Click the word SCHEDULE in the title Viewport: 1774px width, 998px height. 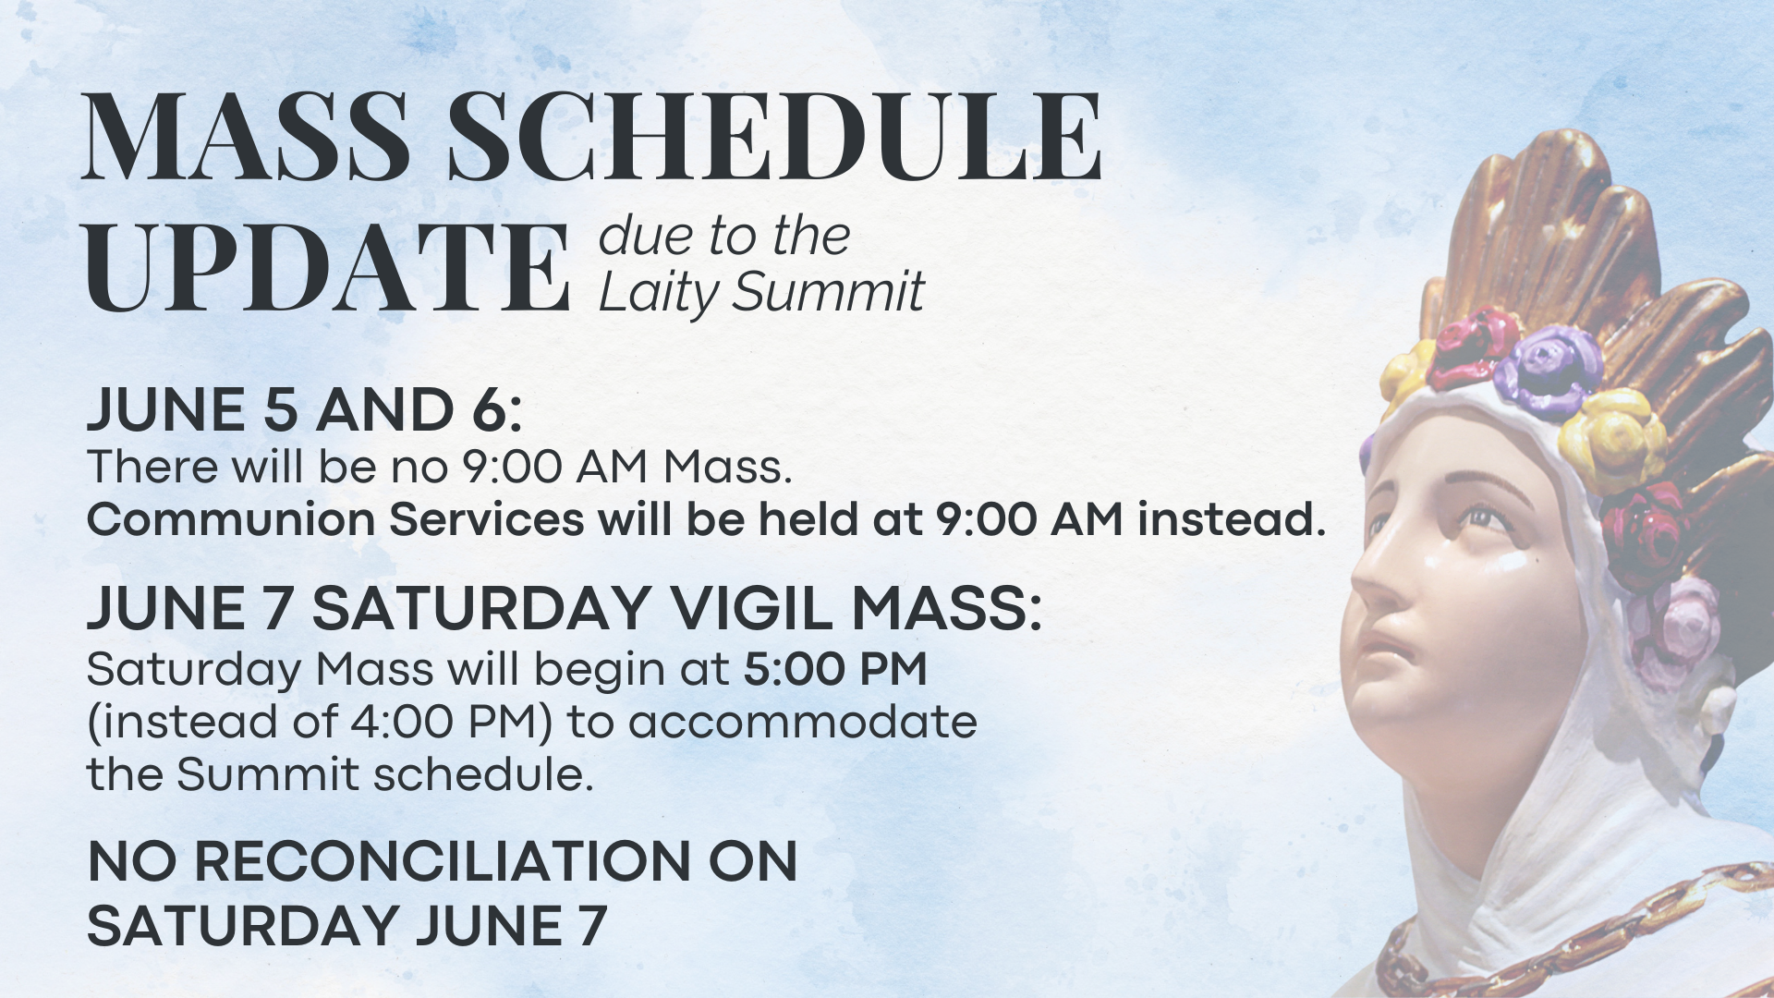(x=774, y=136)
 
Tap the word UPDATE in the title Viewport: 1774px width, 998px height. (x=326, y=267)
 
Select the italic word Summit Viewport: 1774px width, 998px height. (x=828, y=293)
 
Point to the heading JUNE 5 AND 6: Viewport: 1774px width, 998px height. (x=305, y=410)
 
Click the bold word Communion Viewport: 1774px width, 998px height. (x=231, y=519)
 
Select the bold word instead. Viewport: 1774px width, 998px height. (x=1232, y=519)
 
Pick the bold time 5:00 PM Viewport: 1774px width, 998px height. (x=835, y=669)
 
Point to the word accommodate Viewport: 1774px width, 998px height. (x=803, y=723)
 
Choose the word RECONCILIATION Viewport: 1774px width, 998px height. (x=443, y=862)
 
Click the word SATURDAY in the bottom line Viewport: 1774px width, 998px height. (x=245, y=925)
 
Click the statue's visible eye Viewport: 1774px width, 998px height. (x=1486, y=516)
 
